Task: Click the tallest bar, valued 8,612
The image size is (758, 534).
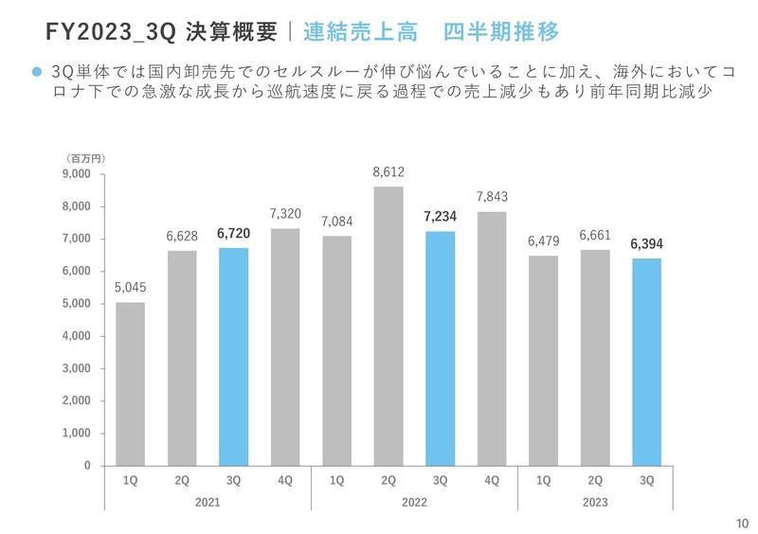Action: (x=388, y=326)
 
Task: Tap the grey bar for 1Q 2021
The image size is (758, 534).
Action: (x=130, y=383)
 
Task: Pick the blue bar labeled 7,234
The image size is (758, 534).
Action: (x=440, y=348)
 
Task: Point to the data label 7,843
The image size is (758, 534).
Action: (x=492, y=197)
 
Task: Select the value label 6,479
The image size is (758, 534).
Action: (x=544, y=241)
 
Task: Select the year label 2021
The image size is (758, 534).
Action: (x=208, y=502)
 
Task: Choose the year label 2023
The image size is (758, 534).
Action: (x=595, y=502)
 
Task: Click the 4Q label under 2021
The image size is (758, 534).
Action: (x=285, y=481)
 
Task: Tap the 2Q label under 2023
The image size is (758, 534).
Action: (x=595, y=481)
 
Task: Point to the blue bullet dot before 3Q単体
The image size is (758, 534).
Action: (x=37, y=72)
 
